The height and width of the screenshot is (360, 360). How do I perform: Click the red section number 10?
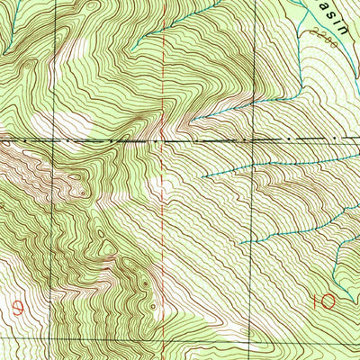click(x=325, y=299)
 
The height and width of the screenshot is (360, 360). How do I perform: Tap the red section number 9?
click(x=19, y=306)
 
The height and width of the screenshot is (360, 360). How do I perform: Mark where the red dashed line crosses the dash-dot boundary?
click(x=163, y=140)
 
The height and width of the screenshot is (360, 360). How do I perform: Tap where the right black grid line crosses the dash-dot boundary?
click(x=255, y=139)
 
